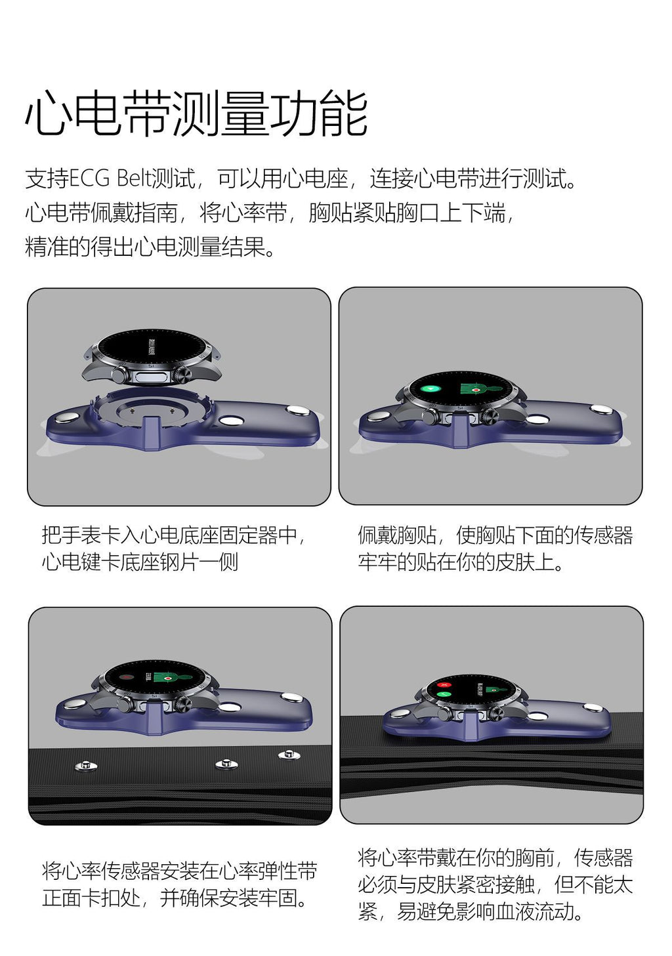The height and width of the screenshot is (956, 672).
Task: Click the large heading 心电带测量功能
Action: [196, 114]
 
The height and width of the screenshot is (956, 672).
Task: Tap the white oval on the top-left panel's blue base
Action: [231, 420]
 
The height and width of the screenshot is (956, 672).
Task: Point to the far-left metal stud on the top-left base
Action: [66, 417]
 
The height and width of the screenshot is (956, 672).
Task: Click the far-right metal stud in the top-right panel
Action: [600, 409]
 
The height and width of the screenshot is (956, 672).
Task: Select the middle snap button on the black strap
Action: [225, 764]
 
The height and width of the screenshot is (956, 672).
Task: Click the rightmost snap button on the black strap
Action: [289, 755]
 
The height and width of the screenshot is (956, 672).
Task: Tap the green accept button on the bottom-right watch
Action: [446, 694]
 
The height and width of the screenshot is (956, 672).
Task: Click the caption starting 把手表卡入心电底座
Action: [174, 549]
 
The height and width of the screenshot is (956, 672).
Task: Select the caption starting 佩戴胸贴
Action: [495, 549]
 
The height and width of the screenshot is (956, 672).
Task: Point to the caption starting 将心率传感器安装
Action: [179, 884]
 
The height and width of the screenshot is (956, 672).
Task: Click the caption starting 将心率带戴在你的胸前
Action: [495, 884]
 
